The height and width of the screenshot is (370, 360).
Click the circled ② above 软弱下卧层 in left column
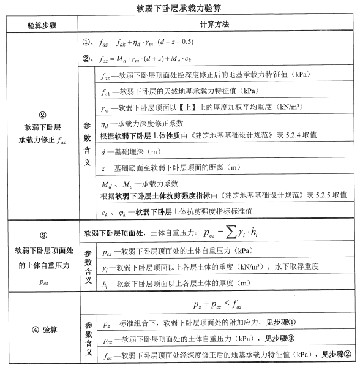point(42,115)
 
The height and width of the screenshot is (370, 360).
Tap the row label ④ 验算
point(42,330)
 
